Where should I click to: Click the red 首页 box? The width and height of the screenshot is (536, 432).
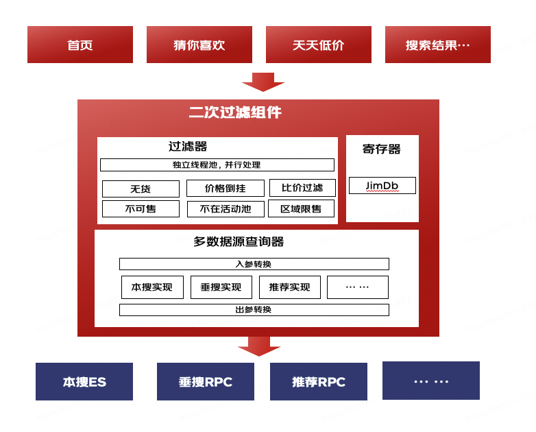tap(80, 45)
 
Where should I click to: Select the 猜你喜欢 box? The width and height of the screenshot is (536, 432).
tap(199, 45)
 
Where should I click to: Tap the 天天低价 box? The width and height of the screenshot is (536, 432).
tap(319, 45)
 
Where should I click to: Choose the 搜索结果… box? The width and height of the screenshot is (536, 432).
tap(438, 45)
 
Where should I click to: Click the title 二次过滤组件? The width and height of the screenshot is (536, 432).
tap(235, 112)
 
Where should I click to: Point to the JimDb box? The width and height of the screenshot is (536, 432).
tap(382, 186)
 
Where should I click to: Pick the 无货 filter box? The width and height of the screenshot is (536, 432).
tap(141, 189)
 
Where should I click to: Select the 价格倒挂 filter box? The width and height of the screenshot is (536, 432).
tap(226, 188)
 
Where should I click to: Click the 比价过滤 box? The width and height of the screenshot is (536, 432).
tap(302, 188)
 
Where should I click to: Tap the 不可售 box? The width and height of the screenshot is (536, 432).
tap(141, 208)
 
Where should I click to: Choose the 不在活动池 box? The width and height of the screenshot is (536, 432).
tap(226, 208)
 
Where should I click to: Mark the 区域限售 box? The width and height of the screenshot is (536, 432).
tap(302, 208)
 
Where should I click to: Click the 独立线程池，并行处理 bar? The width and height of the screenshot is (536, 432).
tap(217, 165)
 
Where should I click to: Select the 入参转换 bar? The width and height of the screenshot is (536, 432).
tap(254, 264)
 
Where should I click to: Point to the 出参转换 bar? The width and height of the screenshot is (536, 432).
tap(254, 310)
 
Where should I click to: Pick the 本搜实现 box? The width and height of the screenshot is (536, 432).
tap(152, 287)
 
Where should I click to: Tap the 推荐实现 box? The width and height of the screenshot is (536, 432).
tap(290, 287)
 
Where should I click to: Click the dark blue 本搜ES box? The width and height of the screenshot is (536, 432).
tap(84, 382)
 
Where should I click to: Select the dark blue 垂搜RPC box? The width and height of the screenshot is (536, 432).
tap(206, 382)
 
